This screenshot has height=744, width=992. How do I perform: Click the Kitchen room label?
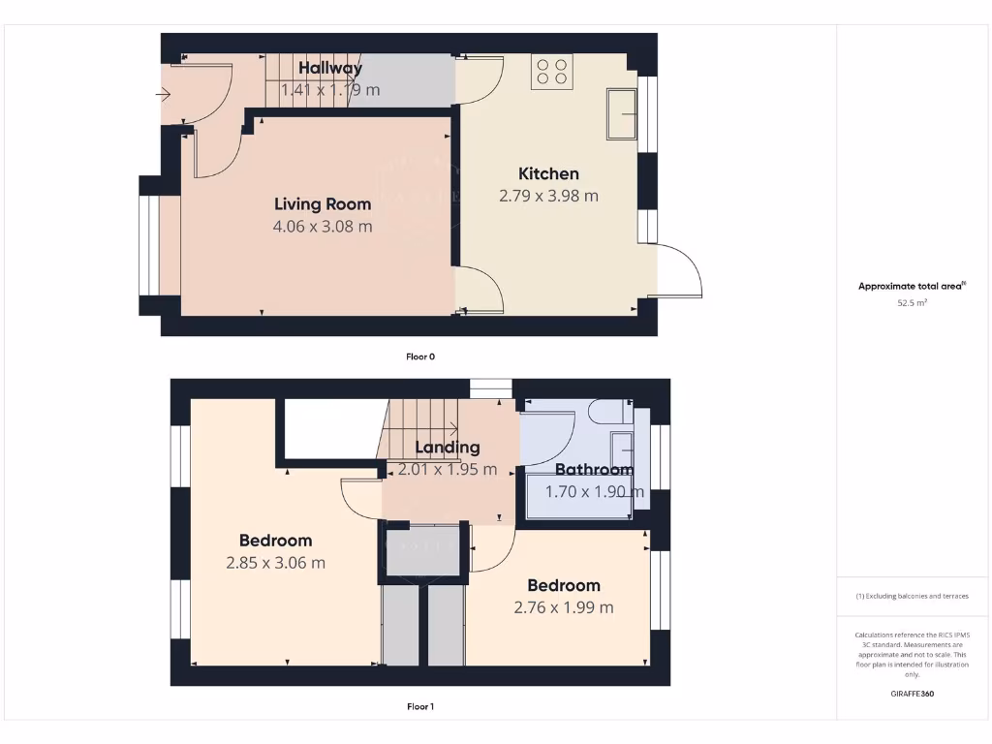coord(548,173)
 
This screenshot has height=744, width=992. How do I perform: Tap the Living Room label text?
coord(323,203)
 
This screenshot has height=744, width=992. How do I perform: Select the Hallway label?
coord(329,68)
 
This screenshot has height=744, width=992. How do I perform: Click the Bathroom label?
coord(594,470)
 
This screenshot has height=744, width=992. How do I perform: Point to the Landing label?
coord(447,448)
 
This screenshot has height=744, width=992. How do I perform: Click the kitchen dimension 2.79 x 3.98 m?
coord(548,196)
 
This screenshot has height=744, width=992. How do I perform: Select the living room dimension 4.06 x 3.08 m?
coord(323,227)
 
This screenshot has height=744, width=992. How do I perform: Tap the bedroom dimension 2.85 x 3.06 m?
coord(275,563)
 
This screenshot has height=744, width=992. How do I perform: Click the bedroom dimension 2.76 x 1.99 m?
coord(563,607)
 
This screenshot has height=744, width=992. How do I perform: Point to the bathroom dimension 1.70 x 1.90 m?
coord(594,492)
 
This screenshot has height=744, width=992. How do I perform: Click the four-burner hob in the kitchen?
coord(550,71)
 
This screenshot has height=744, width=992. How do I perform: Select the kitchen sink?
coord(621,112)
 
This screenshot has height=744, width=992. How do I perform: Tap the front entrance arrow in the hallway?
coord(163,95)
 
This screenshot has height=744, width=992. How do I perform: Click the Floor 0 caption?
coord(420,356)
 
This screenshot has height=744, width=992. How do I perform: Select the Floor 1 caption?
coord(420,707)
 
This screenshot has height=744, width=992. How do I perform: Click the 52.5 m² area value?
coord(912,303)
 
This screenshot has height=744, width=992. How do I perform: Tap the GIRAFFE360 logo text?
coord(912,694)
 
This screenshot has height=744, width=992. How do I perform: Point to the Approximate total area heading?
coord(911,286)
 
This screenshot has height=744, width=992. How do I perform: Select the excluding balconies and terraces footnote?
coord(912,596)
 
